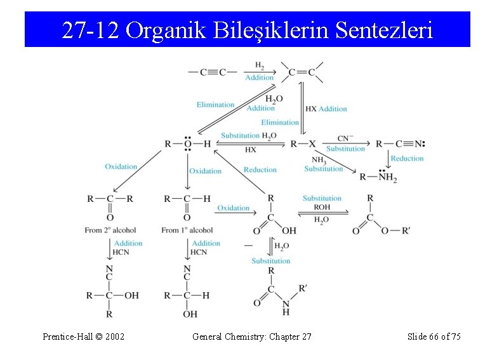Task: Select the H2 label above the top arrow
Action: coord(260,65)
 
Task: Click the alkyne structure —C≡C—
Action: coord(213,72)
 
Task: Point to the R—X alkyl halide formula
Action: coord(303,143)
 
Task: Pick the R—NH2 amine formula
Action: coord(378,177)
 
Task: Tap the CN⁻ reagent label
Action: coord(345,138)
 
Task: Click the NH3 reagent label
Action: coord(319,161)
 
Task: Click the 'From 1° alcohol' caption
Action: coord(187,230)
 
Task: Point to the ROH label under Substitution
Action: coord(322,207)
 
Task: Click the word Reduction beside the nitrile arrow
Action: coord(407,158)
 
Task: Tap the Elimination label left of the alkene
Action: coord(215,105)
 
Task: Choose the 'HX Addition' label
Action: coord(326,109)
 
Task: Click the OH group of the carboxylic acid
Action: coord(289,231)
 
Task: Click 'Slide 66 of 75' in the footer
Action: coord(434,336)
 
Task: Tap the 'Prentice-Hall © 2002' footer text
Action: coord(83,336)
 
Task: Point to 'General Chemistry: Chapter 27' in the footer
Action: coord(252,336)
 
